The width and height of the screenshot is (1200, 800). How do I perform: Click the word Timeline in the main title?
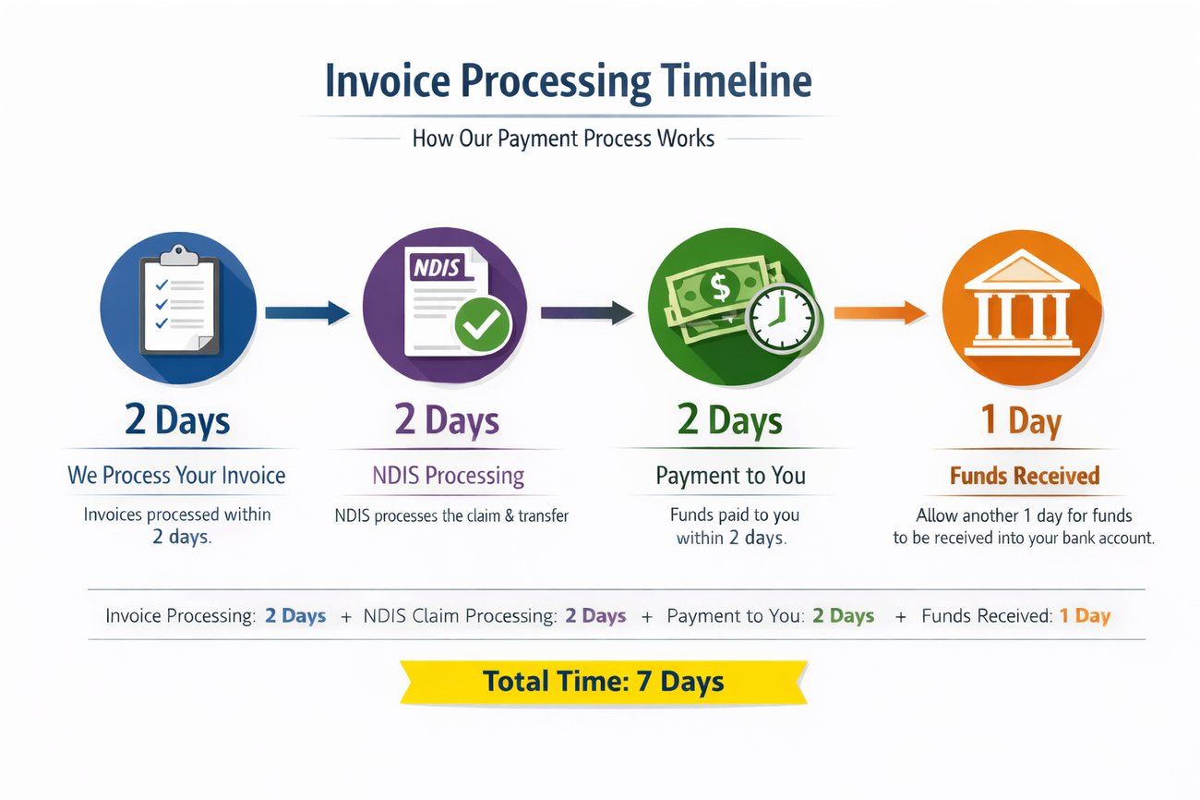pyautogui.click(x=736, y=81)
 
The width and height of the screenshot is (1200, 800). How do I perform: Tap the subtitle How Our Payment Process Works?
pyautogui.click(x=563, y=139)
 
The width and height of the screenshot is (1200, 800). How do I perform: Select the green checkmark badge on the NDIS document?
pyautogui.click(x=483, y=324)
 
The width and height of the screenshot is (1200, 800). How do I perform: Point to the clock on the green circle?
pyautogui.click(x=782, y=318)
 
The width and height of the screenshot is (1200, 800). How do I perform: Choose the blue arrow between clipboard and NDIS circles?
pyautogui.click(x=307, y=312)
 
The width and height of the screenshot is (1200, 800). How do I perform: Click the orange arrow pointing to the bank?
pyautogui.click(x=881, y=312)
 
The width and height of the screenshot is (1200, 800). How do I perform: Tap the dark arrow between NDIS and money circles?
pyautogui.click(x=587, y=312)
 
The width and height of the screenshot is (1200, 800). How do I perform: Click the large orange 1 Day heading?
pyautogui.click(x=1021, y=420)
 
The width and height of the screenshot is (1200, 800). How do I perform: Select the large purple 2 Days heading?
pyautogui.click(x=447, y=419)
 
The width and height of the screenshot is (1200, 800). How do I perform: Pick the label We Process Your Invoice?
pyautogui.click(x=176, y=476)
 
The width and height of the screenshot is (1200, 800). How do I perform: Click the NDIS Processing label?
pyautogui.click(x=449, y=476)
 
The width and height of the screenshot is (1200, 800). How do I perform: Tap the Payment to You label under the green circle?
pyautogui.click(x=731, y=476)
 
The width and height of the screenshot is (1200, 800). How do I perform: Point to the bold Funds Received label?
pyautogui.click(x=1025, y=476)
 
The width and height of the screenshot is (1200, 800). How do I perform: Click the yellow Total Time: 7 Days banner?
pyautogui.click(x=604, y=682)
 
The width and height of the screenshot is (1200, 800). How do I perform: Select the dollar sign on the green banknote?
pyautogui.click(x=719, y=287)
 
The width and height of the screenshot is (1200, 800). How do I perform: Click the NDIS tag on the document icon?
pyautogui.click(x=438, y=267)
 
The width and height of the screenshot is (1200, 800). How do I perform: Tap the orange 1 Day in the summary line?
pyautogui.click(x=1085, y=616)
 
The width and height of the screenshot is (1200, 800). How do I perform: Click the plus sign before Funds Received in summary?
pyautogui.click(x=901, y=617)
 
